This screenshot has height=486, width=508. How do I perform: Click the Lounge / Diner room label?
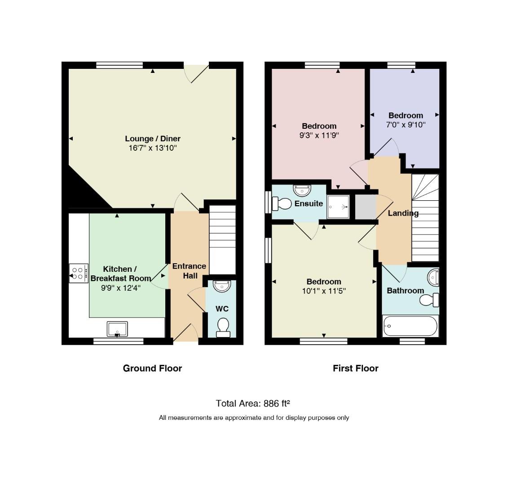pyautogui.click(x=153, y=139)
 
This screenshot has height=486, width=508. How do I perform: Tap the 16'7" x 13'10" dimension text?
pyautogui.click(x=153, y=148)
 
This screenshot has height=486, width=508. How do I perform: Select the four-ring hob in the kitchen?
pyautogui.click(x=79, y=273)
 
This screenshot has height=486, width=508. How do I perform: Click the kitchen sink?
pyautogui.click(x=117, y=329)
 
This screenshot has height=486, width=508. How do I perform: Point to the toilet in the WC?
pyautogui.click(x=223, y=328)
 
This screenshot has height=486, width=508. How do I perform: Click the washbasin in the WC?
pyautogui.click(x=222, y=286)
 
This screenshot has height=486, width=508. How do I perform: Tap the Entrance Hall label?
pyautogui.click(x=189, y=271)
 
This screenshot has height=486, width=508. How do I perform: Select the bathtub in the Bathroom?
pyautogui.click(x=411, y=326)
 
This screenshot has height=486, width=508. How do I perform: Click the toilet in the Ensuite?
pyautogui.click(x=282, y=204)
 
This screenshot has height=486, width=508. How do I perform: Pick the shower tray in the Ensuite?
pyautogui.click(x=338, y=207)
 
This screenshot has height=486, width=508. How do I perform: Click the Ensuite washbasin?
pyautogui.click(x=302, y=190)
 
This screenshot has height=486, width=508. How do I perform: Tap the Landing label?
pyautogui.click(x=403, y=213)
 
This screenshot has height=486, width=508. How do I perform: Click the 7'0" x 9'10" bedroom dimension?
pyautogui.click(x=406, y=125)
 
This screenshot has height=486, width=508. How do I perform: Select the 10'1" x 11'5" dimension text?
pyautogui.click(x=324, y=291)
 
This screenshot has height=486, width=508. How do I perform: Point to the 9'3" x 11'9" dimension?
pyautogui.click(x=319, y=135)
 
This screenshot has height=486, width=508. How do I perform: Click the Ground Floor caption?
pyautogui.click(x=152, y=368)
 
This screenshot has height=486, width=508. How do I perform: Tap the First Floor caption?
pyautogui.click(x=355, y=368)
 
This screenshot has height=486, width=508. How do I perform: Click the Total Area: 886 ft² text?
pyautogui.click(x=253, y=403)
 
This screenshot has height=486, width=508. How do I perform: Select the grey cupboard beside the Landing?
pyautogui.click(x=366, y=207)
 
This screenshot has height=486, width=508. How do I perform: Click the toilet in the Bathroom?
pyautogui.click(x=429, y=300)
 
